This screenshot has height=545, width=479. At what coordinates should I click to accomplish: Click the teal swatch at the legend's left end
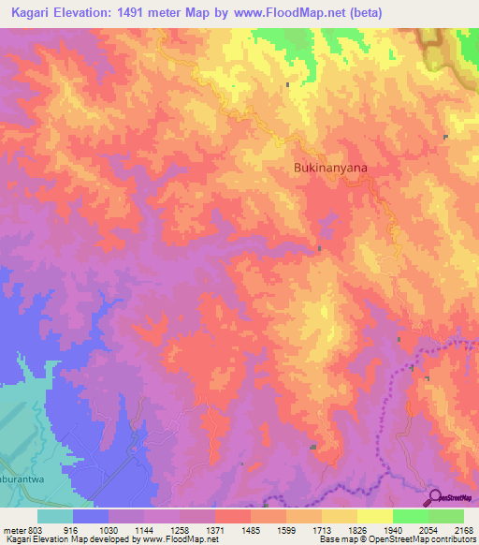click(55, 515)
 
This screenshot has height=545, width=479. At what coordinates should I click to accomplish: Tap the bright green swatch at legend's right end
click(446, 515)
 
